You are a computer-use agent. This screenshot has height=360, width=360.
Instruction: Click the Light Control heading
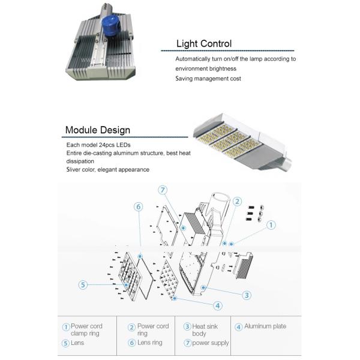coord(203,44)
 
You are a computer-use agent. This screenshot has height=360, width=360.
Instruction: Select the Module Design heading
coord(97,130)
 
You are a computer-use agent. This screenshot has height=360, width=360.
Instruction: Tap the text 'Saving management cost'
coord(208,79)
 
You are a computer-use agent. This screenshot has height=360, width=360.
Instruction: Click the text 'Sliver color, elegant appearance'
coord(108,170)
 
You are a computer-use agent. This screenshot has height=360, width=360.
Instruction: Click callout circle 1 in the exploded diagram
coord(271,225)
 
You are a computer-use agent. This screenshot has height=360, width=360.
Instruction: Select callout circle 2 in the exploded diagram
coord(237,202)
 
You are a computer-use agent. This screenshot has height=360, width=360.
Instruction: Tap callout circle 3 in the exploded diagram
coord(246,295)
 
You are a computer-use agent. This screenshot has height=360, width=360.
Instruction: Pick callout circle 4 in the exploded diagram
coord(218,305)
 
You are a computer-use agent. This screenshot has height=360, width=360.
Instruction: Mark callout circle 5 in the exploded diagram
coord(83,284)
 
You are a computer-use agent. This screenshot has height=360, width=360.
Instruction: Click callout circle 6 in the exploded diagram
coord(138,207)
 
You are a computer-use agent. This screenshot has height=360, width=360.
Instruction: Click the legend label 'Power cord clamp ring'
coord(85,330)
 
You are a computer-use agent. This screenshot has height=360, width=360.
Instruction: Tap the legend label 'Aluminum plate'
coord(265,326)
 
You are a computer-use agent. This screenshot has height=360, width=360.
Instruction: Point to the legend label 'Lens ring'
coord(149,343)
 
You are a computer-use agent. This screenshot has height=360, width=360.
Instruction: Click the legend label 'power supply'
coord(210,343)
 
